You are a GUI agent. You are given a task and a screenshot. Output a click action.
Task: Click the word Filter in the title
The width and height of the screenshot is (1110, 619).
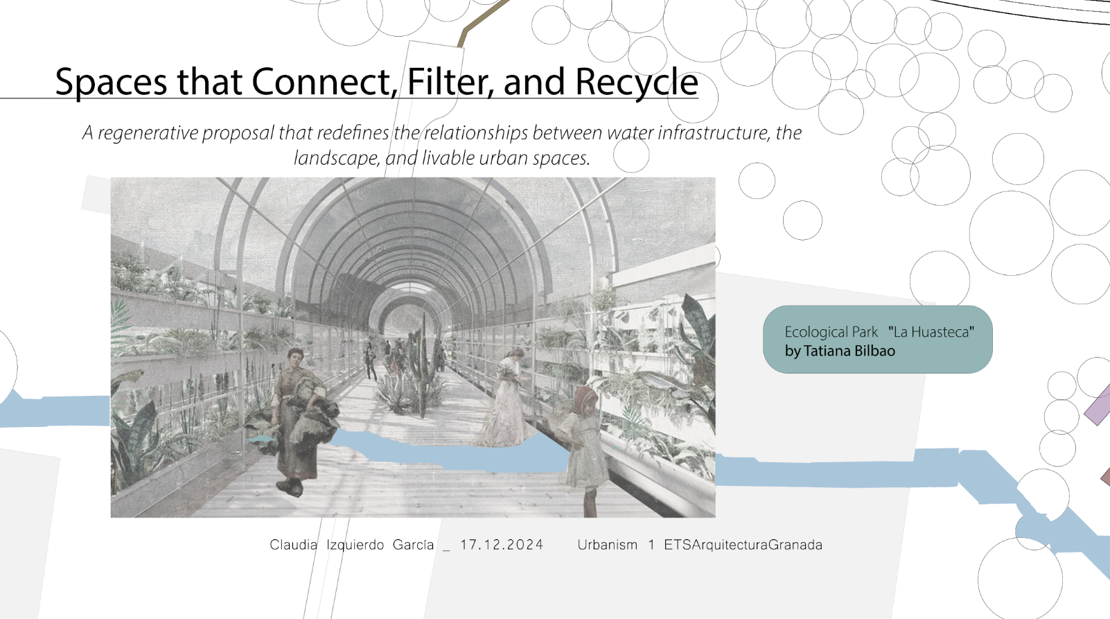tap(450, 81)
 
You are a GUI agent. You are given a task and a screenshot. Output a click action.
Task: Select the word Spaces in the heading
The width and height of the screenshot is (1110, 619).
tap(111, 82)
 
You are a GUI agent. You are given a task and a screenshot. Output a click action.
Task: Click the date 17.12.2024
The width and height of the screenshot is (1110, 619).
tap(502, 545)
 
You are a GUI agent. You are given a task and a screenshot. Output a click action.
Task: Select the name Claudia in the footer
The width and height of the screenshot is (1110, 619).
tap(293, 545)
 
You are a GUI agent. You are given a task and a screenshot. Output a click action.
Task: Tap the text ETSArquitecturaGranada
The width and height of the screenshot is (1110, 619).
tap(743, 545)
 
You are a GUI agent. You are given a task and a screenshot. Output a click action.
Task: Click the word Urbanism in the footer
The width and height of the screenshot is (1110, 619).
tap(608, 545)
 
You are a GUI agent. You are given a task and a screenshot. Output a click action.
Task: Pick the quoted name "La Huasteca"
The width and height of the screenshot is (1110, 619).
tap(932, 331)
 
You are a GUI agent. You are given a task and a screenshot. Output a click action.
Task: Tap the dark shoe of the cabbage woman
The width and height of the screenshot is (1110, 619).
tap(290, 487)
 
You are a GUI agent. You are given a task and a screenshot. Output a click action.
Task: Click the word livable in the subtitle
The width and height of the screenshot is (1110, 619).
tap(448, 158)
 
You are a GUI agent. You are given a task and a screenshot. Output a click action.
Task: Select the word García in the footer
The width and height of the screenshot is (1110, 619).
tap(413, 545)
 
